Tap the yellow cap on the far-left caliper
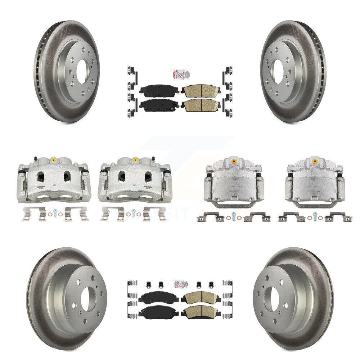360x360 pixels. (53, 159)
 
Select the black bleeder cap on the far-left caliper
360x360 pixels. (35, 158)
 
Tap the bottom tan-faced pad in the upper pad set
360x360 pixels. (201, 105)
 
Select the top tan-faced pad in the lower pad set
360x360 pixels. (201, 297)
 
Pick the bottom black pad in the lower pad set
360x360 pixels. (158, 311)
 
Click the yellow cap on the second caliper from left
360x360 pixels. (135, 159)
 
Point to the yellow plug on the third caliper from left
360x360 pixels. (234, 160)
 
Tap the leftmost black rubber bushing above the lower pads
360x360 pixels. (148, 284)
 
